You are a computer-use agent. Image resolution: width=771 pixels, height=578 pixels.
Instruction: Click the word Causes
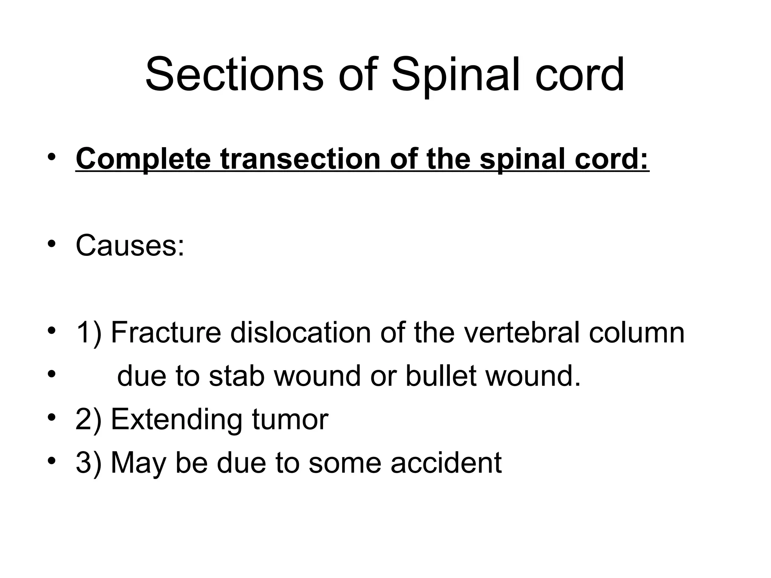coord(130,245)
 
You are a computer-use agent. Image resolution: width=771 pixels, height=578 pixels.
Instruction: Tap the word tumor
coord(290,420)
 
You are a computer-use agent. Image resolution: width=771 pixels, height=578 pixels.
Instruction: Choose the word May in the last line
coord(139,463)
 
